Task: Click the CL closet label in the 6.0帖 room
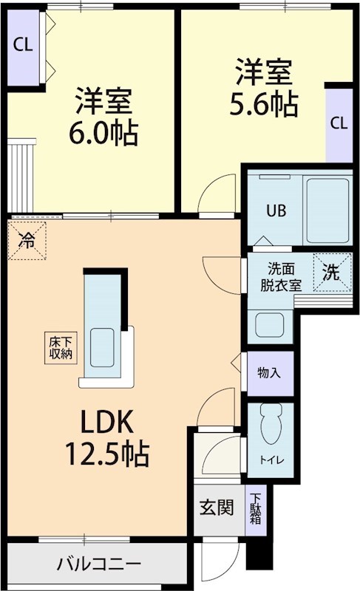[22, 44]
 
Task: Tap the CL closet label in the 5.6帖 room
[339, 123]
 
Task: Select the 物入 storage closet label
[269, 372]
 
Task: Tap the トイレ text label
[269, 460]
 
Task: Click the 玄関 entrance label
[217, 508]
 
